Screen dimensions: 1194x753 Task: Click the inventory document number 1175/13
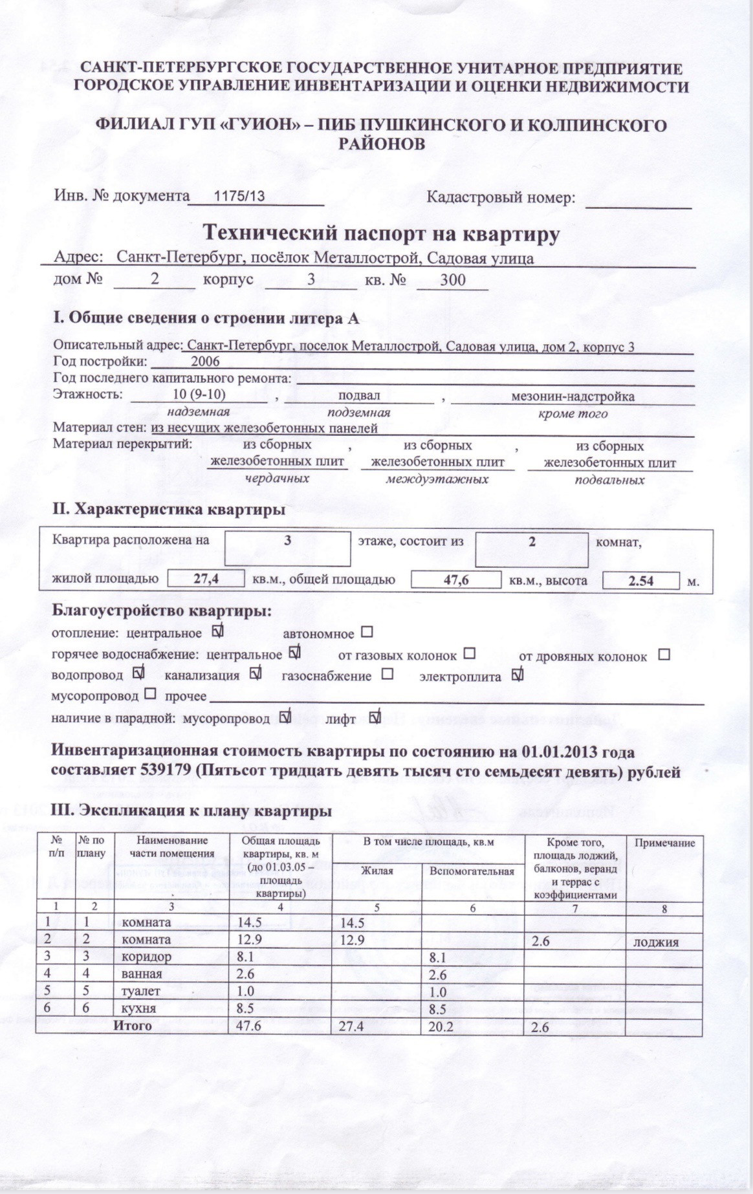pyautogui.click(x=239, y=197)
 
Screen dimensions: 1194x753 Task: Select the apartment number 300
pyautogui.click(x=452, y=280)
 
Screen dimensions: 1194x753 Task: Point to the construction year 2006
pyautogui.click(x=205, y=362)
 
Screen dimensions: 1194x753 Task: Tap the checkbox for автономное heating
pyautogui.click(x=367, y=631)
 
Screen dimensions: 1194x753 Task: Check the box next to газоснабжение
pyautogui.click(x=387, y=674)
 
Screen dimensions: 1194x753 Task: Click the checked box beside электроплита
pyautogui.click(x=517, y=675)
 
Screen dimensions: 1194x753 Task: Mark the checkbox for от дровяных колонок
pyautogui.click(x=664, y=655)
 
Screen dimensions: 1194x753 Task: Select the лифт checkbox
pyautogui.click(x=375, y=717)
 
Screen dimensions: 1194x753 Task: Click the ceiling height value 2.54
pyautogui.click(x=640, y=581)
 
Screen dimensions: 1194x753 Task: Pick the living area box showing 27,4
pyautogui.click(x=206, y=579)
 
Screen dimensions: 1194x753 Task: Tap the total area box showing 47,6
pyautogui.click(x=456, y=580)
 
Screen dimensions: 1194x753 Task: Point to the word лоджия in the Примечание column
pyautogui.click(x=655, y=942)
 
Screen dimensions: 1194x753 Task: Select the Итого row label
pyautogui.click(x=132, y=1025)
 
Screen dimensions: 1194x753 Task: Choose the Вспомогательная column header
pyautogui.click(x=472, y=871)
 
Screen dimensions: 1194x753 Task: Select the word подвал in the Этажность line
pyautogui.click(x=359, y=395)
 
